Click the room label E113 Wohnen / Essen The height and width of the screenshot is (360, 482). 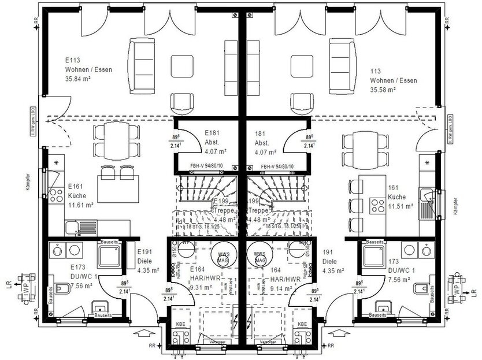click(x=88, y=69)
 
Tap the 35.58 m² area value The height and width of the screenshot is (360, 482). click(x=383, y=90)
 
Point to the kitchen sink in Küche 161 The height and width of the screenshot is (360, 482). click(x=428, y=199)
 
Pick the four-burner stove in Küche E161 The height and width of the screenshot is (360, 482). click(x=56, y=195)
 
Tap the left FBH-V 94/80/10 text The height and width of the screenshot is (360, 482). click(x=206, y=167)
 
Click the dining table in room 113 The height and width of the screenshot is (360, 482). click(x=361, y=142)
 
